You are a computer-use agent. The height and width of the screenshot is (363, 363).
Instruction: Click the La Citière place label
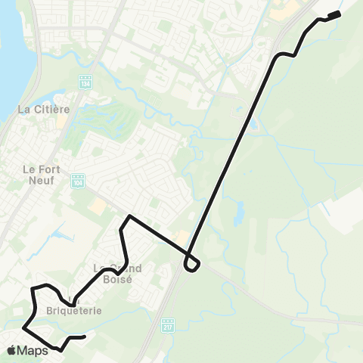(43, 110)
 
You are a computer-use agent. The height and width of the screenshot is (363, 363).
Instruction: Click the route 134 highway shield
(85, 81)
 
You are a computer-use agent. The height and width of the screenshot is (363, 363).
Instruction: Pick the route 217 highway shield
(168, 325)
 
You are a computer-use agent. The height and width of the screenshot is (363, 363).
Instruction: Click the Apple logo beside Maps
(11, 350)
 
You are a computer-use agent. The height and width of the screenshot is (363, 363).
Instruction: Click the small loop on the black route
(192, 264)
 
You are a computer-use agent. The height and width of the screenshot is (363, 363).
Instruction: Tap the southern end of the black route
(85, 336)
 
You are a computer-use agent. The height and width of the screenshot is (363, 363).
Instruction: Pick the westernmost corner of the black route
(24, 328)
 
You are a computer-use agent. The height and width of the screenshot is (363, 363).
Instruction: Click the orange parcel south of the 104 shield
(97, 206)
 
